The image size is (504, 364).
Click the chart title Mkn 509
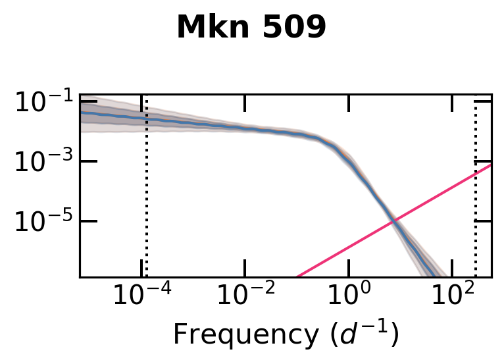coord(251,28)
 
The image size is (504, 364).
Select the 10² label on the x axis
coord(451,296)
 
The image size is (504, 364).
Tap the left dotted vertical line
coord(146,197)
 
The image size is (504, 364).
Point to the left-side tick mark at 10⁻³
coord(88,161)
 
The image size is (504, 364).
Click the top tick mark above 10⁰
coord(349,102)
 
